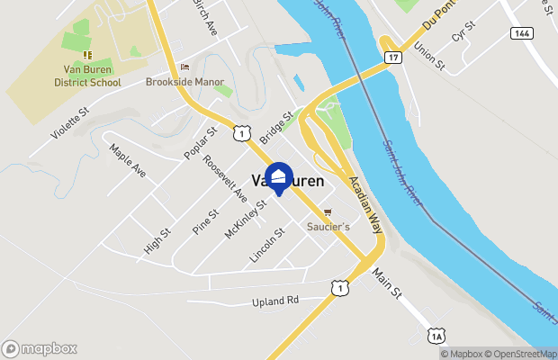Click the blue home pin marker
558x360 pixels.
tap(279, 177)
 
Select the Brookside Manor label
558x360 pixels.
tap(184, 81)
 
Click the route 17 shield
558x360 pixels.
tap(392, 58)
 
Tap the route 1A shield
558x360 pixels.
tap(436, 337)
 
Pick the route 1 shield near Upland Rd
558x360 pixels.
tap(339, 287)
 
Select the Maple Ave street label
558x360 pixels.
tap(127, 159)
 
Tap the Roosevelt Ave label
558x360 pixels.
tap(225, 178)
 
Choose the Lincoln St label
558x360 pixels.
tap(267, 246)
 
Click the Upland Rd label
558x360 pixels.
tap(275, 301)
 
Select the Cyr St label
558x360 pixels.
tap(463, 35)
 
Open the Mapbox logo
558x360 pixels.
tap(40, 348)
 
